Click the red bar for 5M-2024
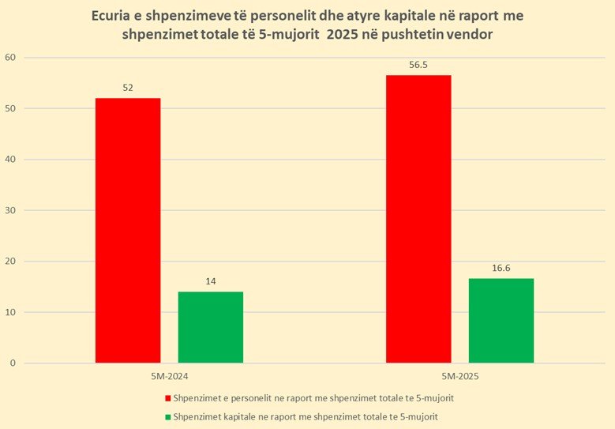pos(128,230)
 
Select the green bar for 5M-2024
pos(210,327)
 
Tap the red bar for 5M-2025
pos(418,219)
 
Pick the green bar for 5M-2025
pos(501,321)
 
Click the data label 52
pos(128,88)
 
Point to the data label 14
pos(211,281)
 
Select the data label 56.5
pos(418,65)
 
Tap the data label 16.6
pos(501,268)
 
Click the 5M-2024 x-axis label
pos(169,377)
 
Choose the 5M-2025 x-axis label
pos(459,377)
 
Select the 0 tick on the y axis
pos(13,363)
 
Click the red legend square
pos(167,397)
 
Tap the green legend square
pos(167,416)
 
